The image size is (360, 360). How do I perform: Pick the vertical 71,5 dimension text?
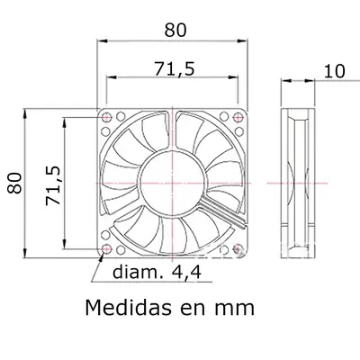pos(52,185)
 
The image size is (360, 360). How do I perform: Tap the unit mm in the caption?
pos(234,309)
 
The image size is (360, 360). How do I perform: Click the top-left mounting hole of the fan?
pos(108,117)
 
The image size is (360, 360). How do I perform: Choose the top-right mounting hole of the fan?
pos(238,117)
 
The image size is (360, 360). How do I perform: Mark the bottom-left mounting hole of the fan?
pos(108,248)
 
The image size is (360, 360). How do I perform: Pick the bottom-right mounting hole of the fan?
pos(238,248)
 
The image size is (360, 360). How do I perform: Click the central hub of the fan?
pos(173,183)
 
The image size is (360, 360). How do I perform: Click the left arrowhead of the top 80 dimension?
pos(101,40)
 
